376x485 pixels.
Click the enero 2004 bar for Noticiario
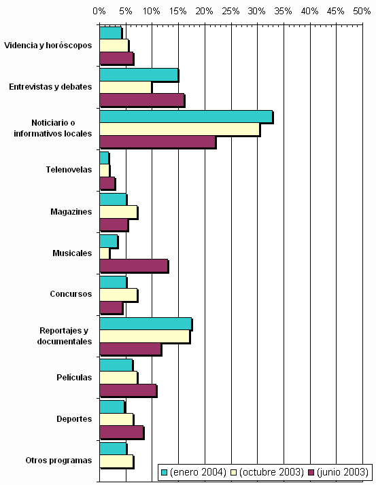[186, 117]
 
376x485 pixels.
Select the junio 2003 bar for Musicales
[134, 266]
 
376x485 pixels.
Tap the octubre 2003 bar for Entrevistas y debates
[126, 88]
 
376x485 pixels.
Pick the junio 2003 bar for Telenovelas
[107, 183]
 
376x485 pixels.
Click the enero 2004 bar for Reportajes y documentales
[146, 324]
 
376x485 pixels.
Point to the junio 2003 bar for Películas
[128, 391]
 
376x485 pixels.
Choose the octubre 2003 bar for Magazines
[118, 212]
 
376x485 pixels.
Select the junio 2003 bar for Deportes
[122, 432]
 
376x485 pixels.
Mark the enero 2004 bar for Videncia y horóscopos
[111, 33]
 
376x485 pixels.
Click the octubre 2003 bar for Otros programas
[116, 461]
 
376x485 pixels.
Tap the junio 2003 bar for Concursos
[112, 308]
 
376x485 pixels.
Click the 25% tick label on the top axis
[231, 12]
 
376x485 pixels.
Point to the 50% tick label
[362, 12]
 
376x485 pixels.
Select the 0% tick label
[99, 12]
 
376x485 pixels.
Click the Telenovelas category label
[69, 170]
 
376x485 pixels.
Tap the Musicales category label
[72, 253]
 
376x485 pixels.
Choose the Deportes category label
[74, 419]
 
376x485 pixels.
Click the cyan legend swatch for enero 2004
[164, 472]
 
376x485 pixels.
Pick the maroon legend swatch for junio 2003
[311, 472]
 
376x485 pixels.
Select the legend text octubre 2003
[271, 472]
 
